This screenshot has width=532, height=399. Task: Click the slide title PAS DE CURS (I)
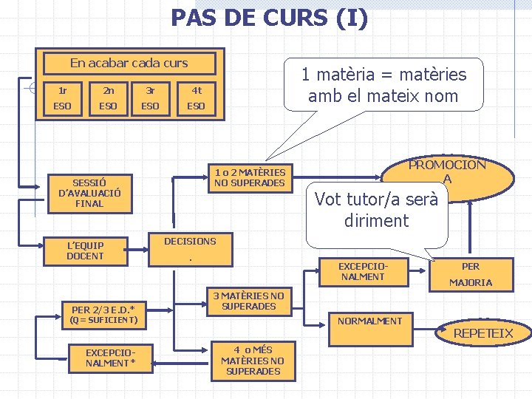click(x=269, y=18)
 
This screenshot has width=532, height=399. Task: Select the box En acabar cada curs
click(x=129, y=64)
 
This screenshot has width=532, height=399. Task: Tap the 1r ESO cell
click(x=62, y=98)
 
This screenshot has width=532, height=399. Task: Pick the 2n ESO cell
click(x=108, y=98)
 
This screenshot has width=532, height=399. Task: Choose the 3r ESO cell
click(x=150, y=98)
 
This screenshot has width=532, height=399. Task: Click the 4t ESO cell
click(x=196, y=98)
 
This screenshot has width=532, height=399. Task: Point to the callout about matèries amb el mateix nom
click(x=383, y=84)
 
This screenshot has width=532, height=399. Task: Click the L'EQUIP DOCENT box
click(x=85, y=250)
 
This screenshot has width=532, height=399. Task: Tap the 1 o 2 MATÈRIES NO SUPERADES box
click(x=249, y=177)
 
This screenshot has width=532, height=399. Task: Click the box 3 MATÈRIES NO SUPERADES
click(x=248, y=301)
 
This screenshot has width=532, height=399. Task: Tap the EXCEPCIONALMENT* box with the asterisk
click(x=109, y=358)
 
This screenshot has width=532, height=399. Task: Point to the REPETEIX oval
click(x=482, y=333)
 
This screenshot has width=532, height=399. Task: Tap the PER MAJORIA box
click(x=471, y=274)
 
